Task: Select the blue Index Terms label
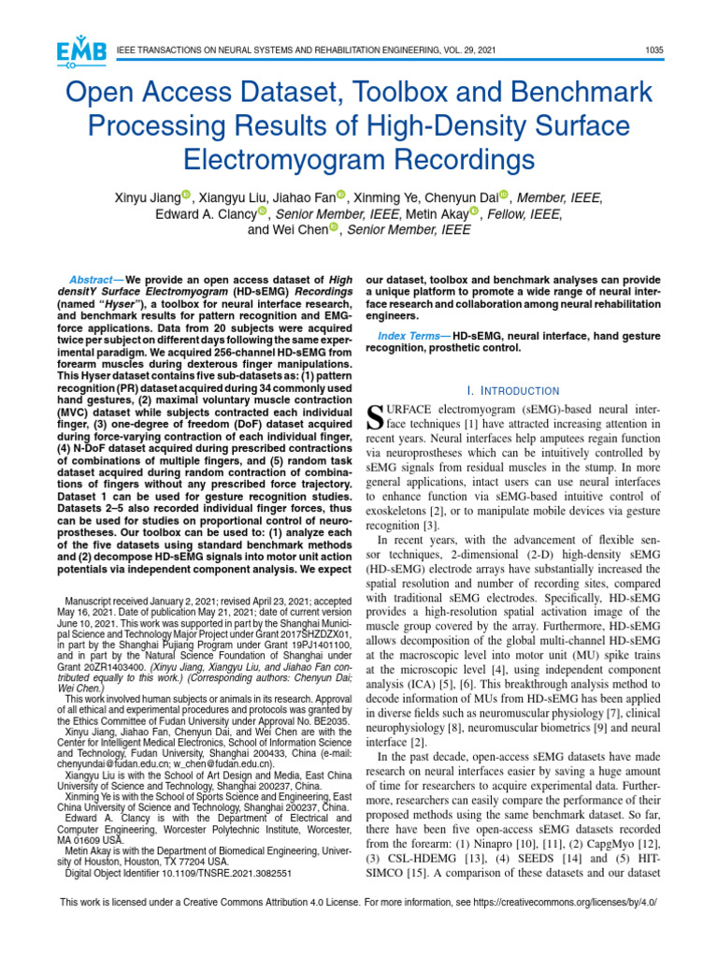409,336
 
